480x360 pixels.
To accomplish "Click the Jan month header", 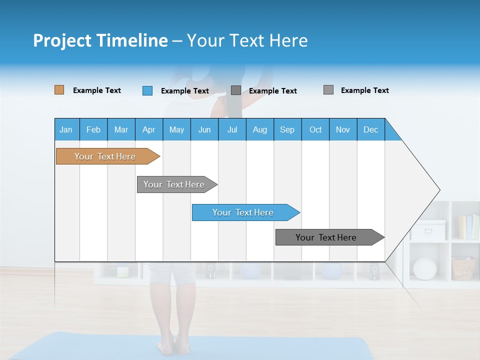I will (66, 129).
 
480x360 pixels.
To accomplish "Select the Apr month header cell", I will (149, 129).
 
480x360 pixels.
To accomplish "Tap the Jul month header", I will (232, 129).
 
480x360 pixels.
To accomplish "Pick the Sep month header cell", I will (287, 129).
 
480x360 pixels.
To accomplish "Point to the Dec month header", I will (370, 129).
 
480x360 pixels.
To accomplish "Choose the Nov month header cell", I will (343, 129).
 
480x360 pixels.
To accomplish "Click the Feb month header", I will (93, 129).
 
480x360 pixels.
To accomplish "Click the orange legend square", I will (59, 90).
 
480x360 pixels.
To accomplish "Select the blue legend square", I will (147, 90).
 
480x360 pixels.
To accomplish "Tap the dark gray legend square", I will (236, 90).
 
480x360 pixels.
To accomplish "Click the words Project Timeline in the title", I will (100, 40).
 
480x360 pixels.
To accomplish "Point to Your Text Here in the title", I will (247, 40).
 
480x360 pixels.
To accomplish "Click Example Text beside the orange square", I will (97, 90).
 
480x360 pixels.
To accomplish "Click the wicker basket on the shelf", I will (463, 268).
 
